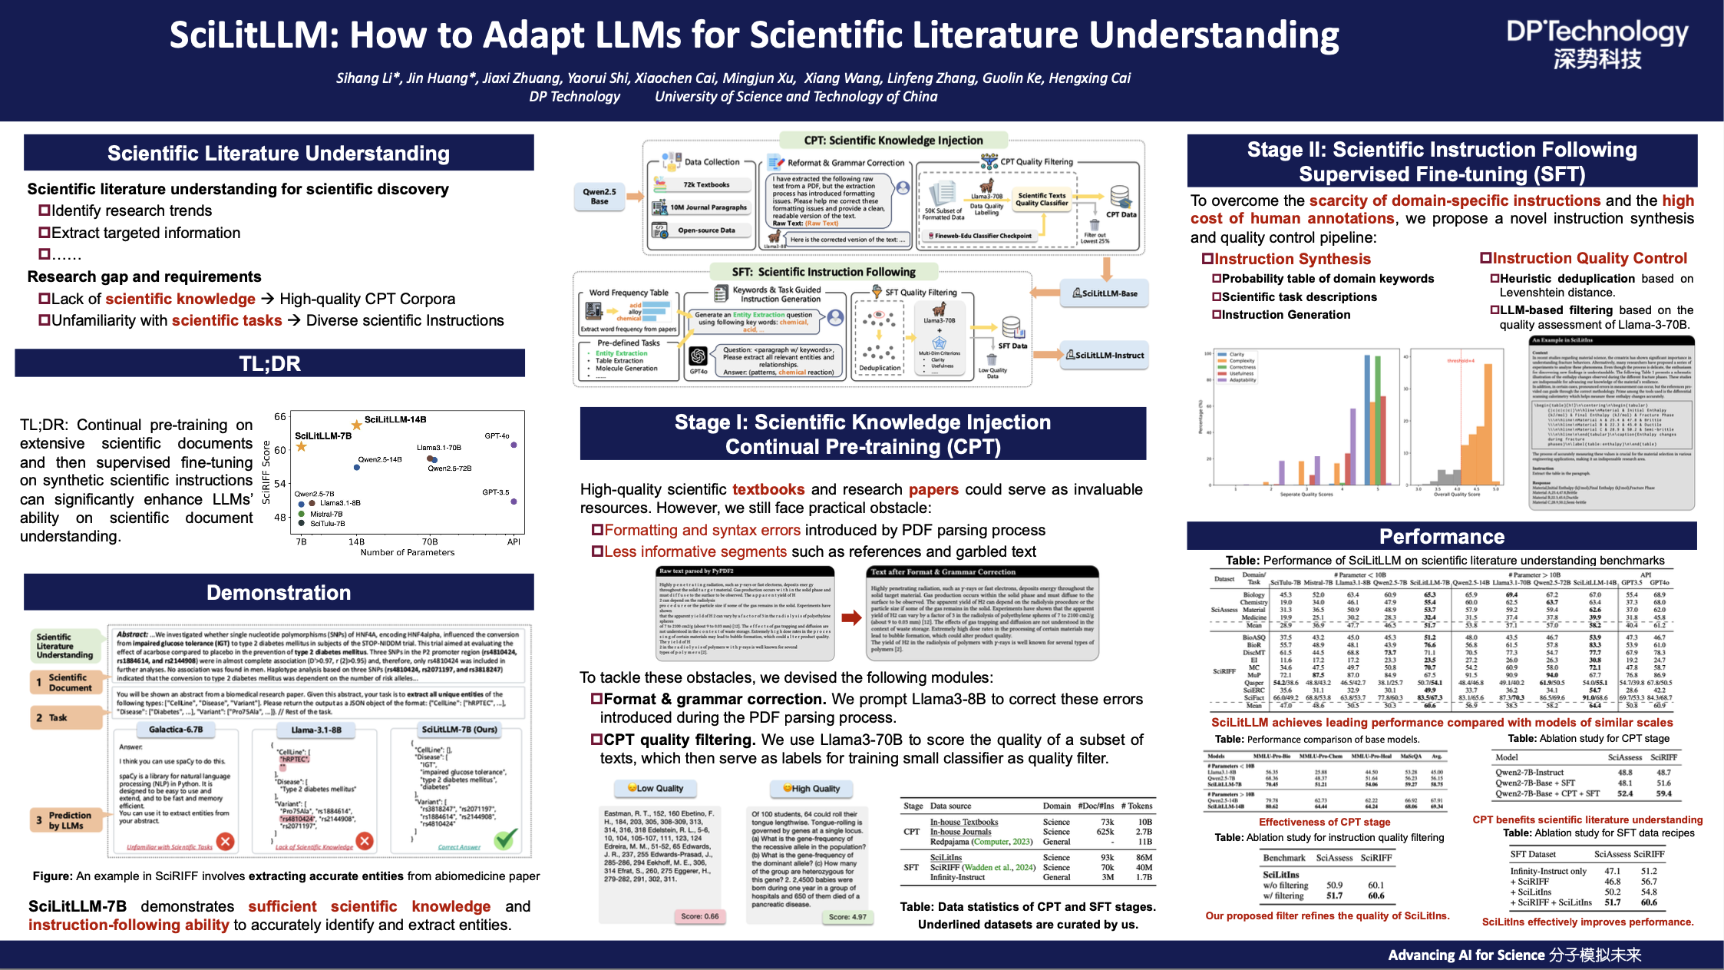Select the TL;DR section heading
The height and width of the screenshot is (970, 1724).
[x=269, y=363]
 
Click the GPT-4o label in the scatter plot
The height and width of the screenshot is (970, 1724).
[x=497, y=435]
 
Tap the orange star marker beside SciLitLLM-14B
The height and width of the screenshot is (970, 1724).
[x=356, y=424]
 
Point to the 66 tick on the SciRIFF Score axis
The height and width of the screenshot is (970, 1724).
[x=280, y=417]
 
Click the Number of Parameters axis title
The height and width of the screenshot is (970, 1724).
[x=407, y=552]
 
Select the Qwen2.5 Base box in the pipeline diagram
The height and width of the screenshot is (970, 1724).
[x=599, y=197]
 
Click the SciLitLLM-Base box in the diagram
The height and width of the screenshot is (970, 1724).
[x=1105, y=293]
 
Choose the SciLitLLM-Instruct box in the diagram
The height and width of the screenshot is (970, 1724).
[x=1105, y=355]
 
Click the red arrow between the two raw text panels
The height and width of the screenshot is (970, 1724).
[x=850, y=617]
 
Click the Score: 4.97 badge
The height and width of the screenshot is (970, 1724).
[x=847, y=916]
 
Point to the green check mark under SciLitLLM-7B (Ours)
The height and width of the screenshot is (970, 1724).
[x=504, y=839]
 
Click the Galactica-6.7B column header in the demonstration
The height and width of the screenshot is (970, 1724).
[x=176, y=730]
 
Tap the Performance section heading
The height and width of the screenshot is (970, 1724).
[x=1442, y=536]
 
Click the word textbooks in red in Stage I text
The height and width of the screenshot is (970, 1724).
[x=768, y=489]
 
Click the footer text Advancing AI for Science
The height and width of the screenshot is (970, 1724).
[x=1465, y=955]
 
